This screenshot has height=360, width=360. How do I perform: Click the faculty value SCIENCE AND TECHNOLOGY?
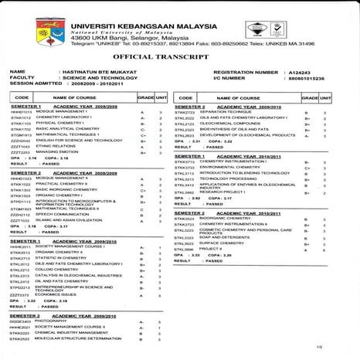coord(86,78)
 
